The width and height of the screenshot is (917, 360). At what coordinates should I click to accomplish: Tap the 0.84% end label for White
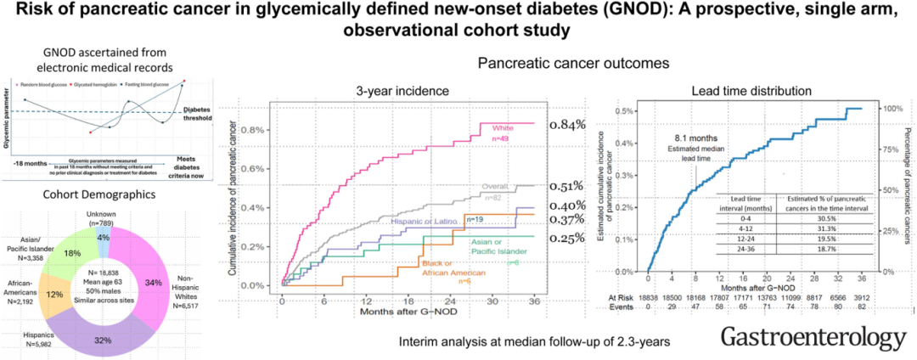point(566,125)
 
